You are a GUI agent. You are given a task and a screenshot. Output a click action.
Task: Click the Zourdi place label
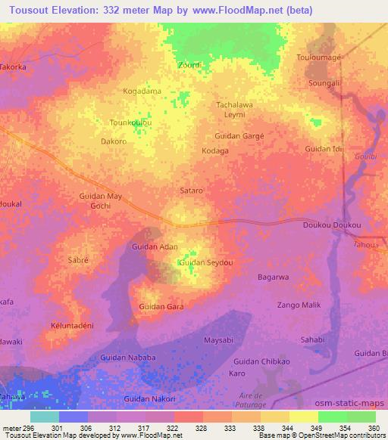click(x=189, y=65)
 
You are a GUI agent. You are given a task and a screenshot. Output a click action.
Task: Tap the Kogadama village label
click(x=142, y=91)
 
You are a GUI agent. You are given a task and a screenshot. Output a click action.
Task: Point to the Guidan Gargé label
click(x=239, y=136)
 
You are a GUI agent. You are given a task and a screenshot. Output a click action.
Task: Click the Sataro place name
click(x=191, y=191)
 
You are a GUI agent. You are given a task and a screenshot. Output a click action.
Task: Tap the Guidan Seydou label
click(x=205, y=262)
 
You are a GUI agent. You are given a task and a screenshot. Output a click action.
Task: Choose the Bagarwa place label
click(x=274, y=277)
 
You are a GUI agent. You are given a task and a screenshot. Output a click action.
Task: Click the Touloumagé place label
click(x=322, y=57)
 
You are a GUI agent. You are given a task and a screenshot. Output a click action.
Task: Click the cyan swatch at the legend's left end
click(x=45, y=417)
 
